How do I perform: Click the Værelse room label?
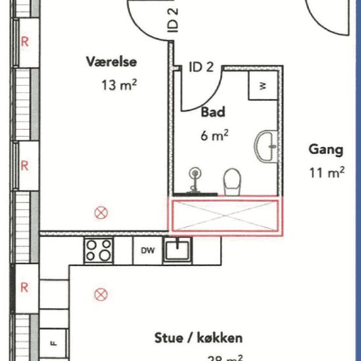click(x=112, y=62)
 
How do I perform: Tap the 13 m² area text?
click(x=119, y=84)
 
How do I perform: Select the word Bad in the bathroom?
click(x=213, y=112)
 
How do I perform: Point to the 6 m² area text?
click(x=215, y=135)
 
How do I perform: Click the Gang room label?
click(x=326, y=150)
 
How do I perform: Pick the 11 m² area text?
click(x=326, y=173)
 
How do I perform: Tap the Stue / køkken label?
click(x=198, y=338)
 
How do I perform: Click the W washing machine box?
click(x=262, y=85)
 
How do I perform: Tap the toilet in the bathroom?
click(x=232, y=181)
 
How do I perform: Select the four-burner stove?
click(x=98, y=249)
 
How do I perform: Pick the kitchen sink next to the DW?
click(x=178, y=249)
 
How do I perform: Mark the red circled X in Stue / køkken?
click(x=100, y=294)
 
